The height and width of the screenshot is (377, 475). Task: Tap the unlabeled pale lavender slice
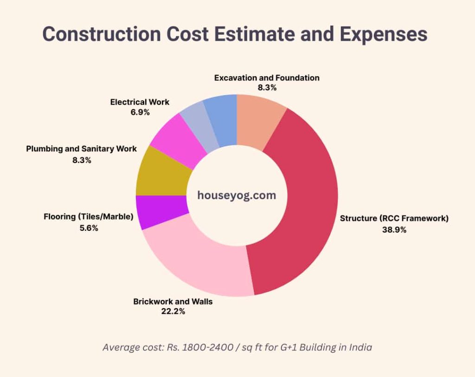pos(197,125)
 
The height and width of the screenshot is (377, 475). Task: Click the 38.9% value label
pos(394,229)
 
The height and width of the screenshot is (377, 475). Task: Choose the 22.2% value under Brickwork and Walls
pos(173,312)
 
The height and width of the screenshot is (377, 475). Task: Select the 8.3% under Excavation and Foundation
pos(267,88)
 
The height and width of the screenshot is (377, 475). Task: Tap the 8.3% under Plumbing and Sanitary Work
pos(81,160)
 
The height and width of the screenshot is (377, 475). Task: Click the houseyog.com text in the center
pos(237,195)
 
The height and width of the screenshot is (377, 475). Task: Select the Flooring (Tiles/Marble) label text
pos(88,216)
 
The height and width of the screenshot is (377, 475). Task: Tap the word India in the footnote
pos(359,347)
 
